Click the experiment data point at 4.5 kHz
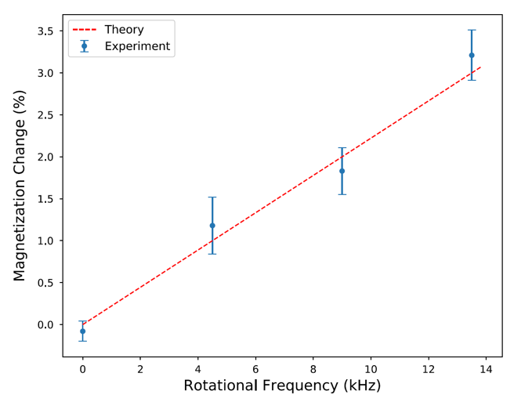tap(212, 226)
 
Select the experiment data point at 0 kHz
tap(82, 331)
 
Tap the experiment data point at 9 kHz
tap(342, 171)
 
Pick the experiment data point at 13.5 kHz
tap(472, 55)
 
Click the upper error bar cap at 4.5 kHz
tap(212, 197)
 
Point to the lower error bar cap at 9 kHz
tap(342, 194)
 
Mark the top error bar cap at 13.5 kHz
tap(472, 31)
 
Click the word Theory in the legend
tap(125, 30)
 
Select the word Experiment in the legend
tap(137, 46)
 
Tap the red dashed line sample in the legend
tap(85, 30)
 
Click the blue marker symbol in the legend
tap(85, 46)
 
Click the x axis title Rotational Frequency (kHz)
tap(282, 385)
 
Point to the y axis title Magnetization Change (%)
tap(20, 185)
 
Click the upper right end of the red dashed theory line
tap(480, 67)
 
